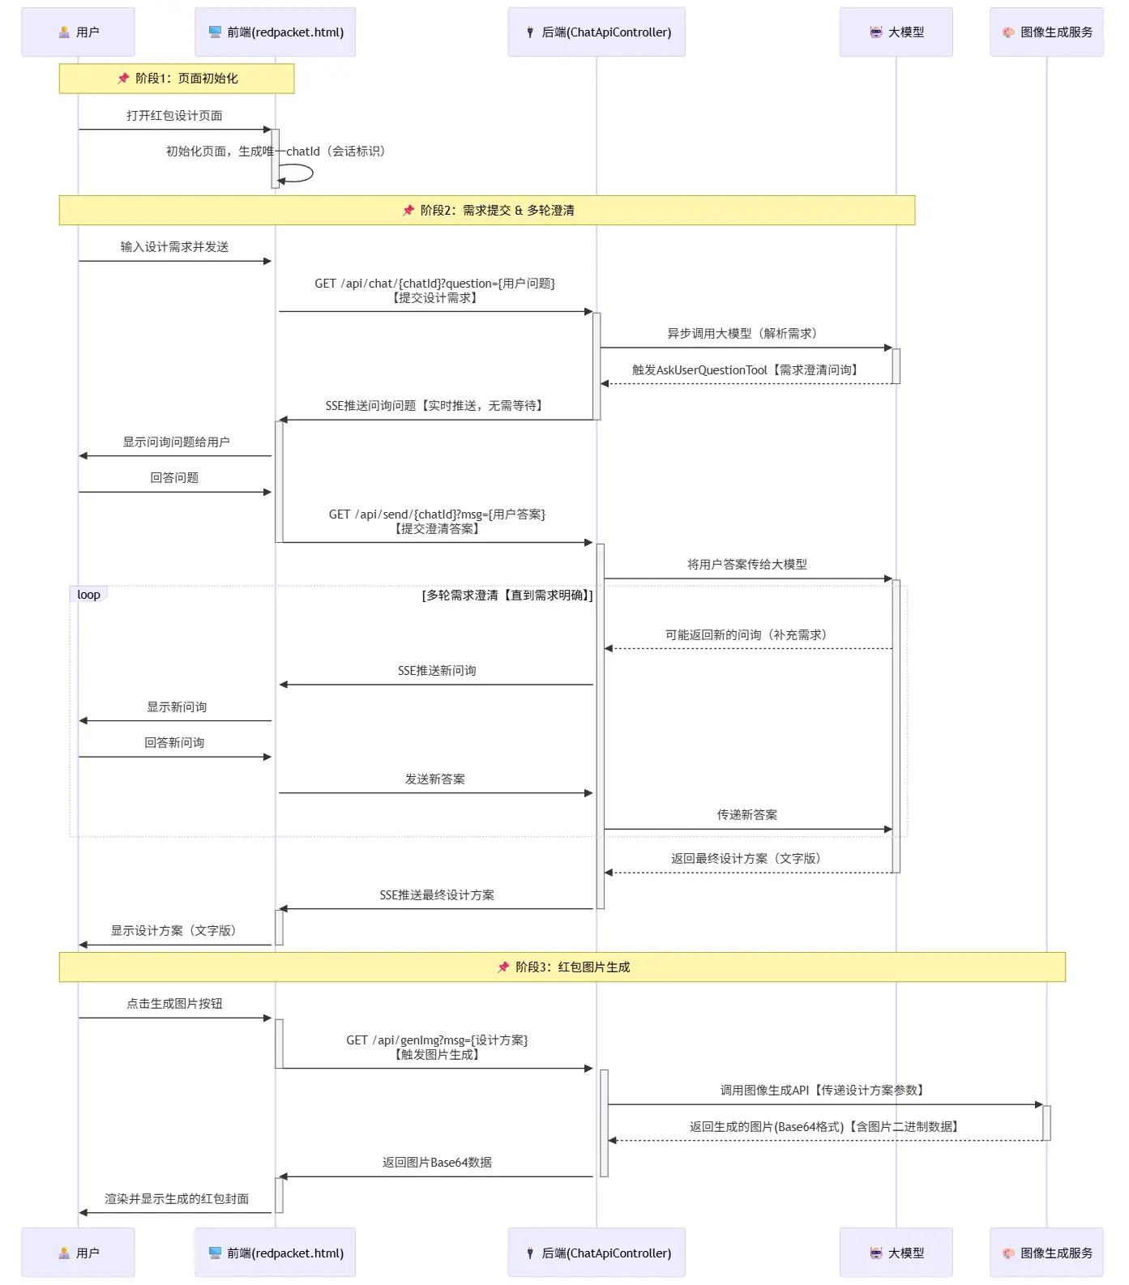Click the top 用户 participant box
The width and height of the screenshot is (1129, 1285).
click(78, 32)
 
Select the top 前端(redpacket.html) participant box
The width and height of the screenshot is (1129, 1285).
click(275, 32)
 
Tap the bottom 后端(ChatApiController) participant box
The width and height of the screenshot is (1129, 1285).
click(597, 1253)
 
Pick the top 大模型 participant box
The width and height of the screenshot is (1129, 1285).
click(896, 32)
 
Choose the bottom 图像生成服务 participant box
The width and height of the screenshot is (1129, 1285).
click(1046, 1253)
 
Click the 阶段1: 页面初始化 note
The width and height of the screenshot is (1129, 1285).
click(177, 79)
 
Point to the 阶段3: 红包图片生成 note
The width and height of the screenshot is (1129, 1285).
click(562, 967)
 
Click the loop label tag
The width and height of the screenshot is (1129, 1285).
click(88, 595)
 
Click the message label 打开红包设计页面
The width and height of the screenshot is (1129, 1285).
click(174, 116)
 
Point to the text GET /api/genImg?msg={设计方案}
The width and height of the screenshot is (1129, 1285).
click(437, 1040)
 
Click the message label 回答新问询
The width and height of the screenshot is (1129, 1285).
click(174, 743)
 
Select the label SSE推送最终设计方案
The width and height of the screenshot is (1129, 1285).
click(437, 895)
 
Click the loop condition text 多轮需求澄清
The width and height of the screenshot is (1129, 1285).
click(507, 596)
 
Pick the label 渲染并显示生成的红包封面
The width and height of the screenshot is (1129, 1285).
click(177, 1199)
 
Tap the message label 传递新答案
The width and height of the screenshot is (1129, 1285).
click(746, 815)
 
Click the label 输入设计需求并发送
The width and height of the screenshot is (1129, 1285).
click(174, 247)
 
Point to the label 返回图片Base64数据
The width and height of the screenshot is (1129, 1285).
click(437, 1163)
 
